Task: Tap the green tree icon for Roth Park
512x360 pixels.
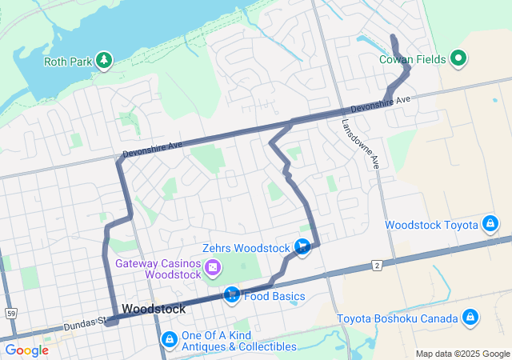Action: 103,59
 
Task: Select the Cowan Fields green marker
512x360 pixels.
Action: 458,58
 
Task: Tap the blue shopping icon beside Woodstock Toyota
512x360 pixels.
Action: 490,225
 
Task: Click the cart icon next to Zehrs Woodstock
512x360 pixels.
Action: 302,247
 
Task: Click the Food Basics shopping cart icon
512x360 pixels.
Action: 231,296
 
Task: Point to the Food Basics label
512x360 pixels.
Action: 274,297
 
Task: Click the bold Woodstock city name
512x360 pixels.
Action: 154,309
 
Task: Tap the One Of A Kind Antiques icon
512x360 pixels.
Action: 170,340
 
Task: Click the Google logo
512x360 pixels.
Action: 27,350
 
